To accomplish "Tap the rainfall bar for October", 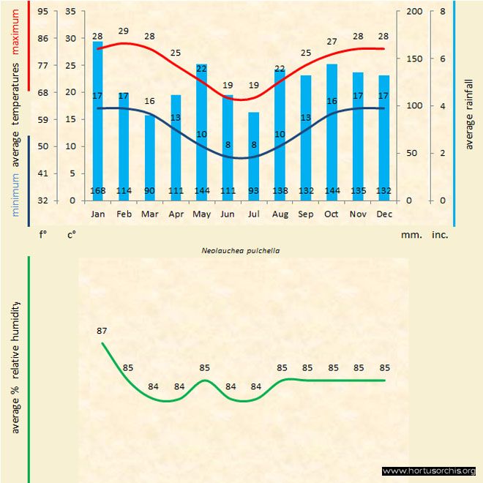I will pyautogui.click(x=332, y=132).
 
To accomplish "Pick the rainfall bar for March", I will pyautogui.click(x=149, y=157).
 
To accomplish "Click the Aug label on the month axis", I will pyautogui.click(x=280, y=214).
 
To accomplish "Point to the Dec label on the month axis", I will pyautogui.click(x=383, y=214).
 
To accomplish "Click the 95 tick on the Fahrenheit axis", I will pyautogui.click(x=43, y=12).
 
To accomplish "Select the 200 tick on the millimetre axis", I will pyautogui.click(x=414, y=12).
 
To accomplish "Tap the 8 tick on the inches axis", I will pyautogui.click(x=443, y=12).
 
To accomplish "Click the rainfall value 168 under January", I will pyautogui.click(x=97, y=192).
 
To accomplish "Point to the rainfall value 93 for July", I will pyautogui.click(x=253, y=192).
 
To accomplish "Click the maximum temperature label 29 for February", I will pyautogui.click(x=124, y=31).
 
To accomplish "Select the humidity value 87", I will pyautogui.click(x=102, y=332).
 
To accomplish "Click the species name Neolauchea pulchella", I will pyautogui.click(x=241, y=250).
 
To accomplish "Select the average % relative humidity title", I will pyautogui.click(x=16, y=366).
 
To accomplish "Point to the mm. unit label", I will pyautogui.click(x=411, y=235).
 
